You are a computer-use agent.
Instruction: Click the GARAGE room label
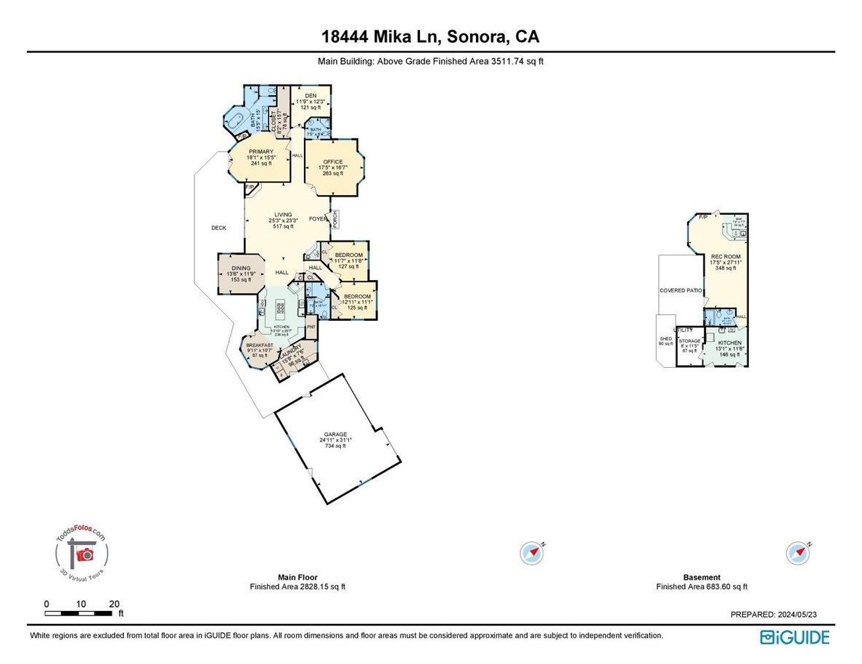[334, 435]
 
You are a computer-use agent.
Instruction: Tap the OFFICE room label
[333, 162]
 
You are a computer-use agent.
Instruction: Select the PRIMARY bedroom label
[259, 152]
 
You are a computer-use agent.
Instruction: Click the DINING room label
[241, 268]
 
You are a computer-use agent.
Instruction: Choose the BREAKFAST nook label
[259, 345]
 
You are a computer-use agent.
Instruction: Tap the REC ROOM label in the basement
[726, 257]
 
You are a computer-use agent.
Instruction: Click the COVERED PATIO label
[680, 290]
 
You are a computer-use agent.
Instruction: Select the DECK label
[218, 228]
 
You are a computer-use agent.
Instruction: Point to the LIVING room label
[283, 215]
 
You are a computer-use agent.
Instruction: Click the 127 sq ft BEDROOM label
[348, 255]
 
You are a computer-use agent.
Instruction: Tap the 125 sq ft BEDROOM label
[357, 297]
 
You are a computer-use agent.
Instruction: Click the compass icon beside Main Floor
[533, 553]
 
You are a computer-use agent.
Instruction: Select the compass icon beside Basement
[798, 553]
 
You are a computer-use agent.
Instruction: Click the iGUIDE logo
[795, 637]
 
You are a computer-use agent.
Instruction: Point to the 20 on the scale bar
[114, 604]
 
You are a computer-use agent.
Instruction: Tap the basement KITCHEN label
[730, 343]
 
